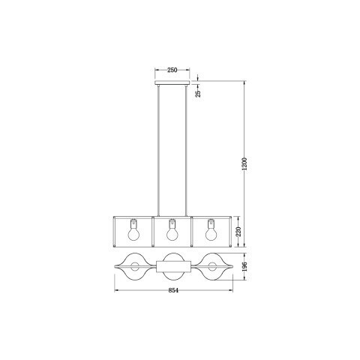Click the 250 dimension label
pyautogui.click(x=172, y=70)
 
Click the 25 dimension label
pyautogui.click(x=198, y=94)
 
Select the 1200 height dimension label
pyautogui.click(x=244, y=163)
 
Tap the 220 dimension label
pyautogui.click(x=238, y=232)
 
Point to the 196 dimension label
pyautogui.click(x=244, y=267)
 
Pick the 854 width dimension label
pyautogui.click(x=173, y=290)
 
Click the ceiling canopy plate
pyautogui.click(x=172, y=82)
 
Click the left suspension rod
pyautogui.click(x=158, y=151)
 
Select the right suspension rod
pyautogui.click(x=186, y=151)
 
